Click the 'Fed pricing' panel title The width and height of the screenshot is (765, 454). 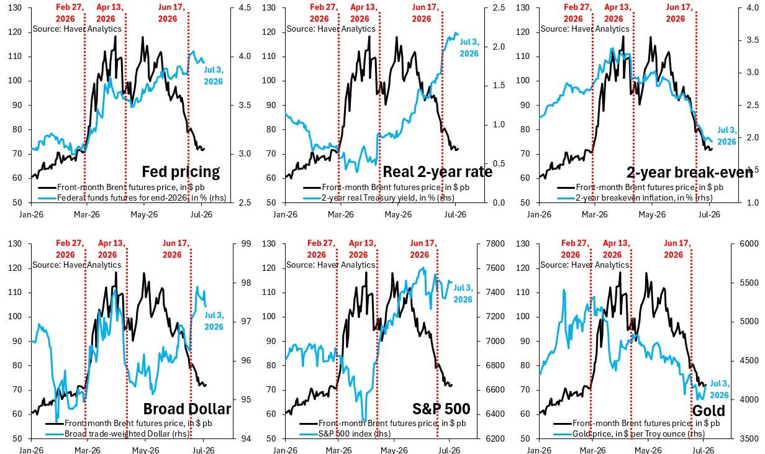[181, 172]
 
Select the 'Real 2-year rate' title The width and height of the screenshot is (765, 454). [438, 172]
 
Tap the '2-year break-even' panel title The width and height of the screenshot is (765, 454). [689, 173]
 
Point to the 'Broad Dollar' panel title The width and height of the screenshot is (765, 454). [187, 409]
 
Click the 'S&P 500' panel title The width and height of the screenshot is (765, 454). [441, 409]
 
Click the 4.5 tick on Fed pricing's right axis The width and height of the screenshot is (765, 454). [245, 7]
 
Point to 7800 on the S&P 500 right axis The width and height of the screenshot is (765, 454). [496, 243]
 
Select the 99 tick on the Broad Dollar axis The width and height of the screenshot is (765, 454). [246, 243]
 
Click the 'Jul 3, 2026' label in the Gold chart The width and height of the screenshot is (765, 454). [720, 389]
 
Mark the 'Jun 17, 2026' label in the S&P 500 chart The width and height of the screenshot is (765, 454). [423, 249]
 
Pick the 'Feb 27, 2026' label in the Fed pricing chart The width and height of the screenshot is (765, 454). [70, 13]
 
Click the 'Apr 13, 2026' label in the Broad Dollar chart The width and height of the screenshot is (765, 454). [112, 249]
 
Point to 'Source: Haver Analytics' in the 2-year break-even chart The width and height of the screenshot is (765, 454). [585, 29]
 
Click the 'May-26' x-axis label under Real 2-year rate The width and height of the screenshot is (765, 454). [398, 214]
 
